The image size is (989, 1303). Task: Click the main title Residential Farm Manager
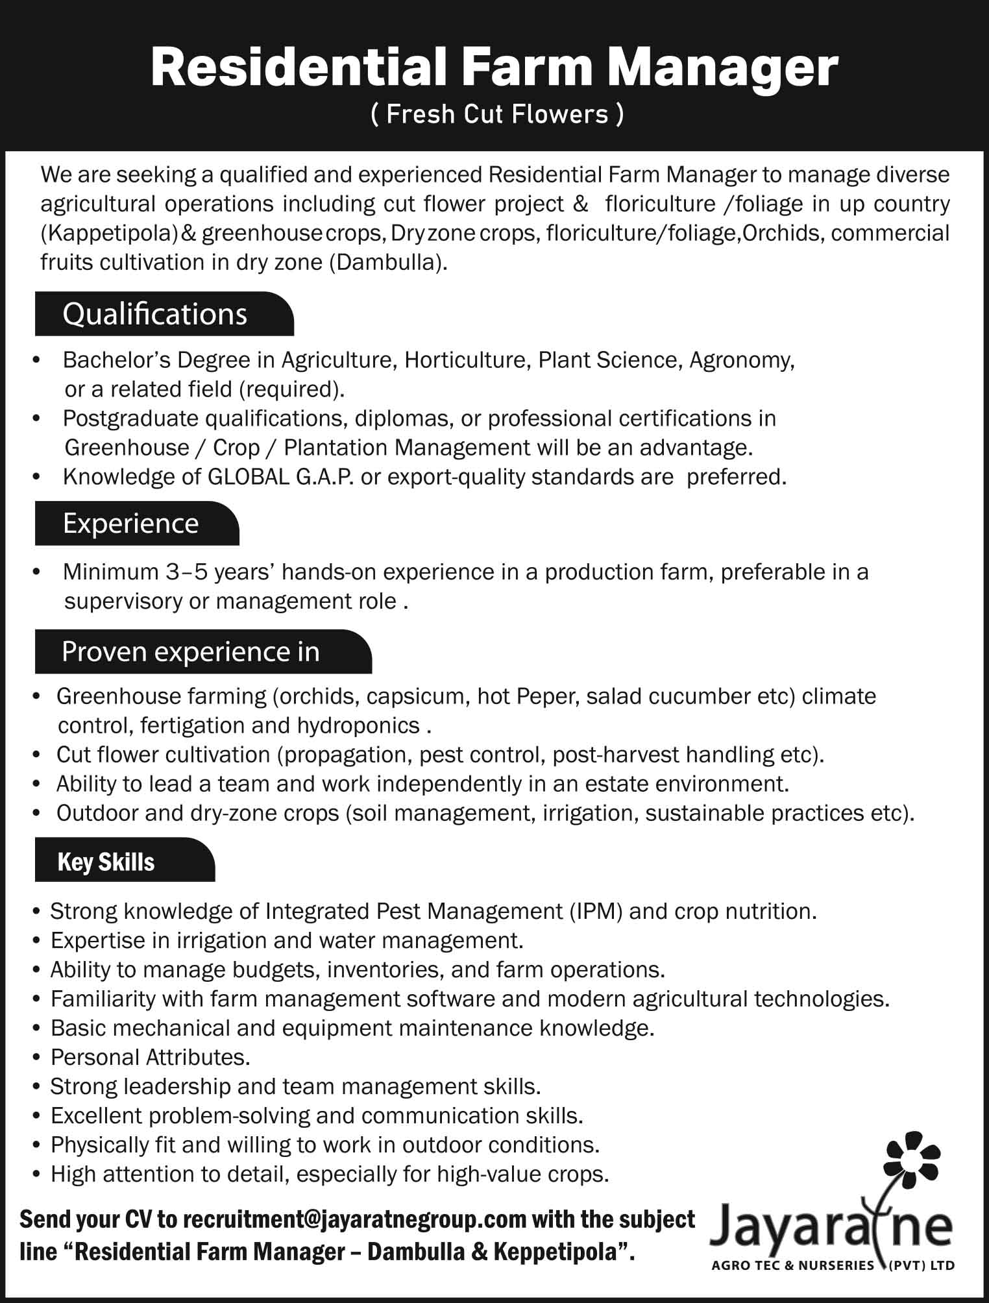[x=494, y=69]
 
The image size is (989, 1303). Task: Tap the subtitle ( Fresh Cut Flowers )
[x=497, y=115]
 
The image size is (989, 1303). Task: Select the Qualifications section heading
[x=155, y=314]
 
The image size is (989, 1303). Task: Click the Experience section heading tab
[x=131, y=524]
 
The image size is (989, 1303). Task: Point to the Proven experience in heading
[x=191, y=651]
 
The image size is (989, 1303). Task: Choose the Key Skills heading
[x=106, y=862]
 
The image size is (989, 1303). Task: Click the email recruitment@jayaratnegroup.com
[x=355, y=1219]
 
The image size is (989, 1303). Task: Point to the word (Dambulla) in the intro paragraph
[x=387, y=262]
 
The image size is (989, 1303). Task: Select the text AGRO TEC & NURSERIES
[x=793, y=1265]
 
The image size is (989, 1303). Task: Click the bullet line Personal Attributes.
[x=151, y=1057]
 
